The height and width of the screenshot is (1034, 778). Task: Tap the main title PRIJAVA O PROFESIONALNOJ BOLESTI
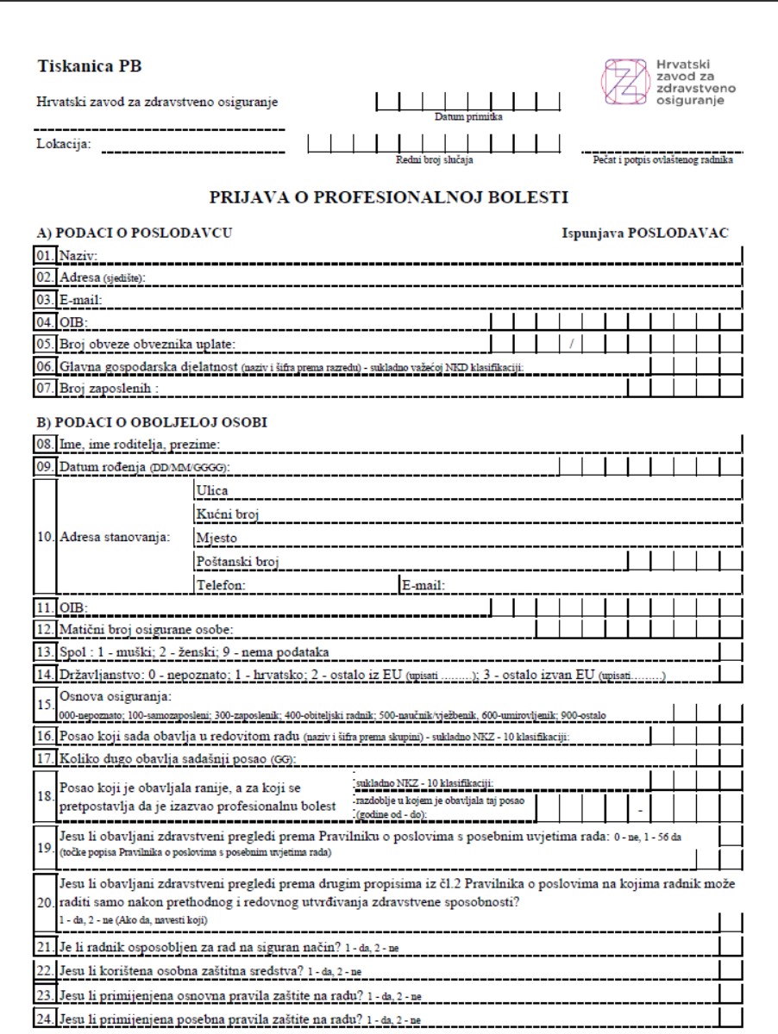tap(389, 198)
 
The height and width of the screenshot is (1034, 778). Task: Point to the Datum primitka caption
tap(468, 116)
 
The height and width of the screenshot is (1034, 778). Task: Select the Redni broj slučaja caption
tap(434, 159)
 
